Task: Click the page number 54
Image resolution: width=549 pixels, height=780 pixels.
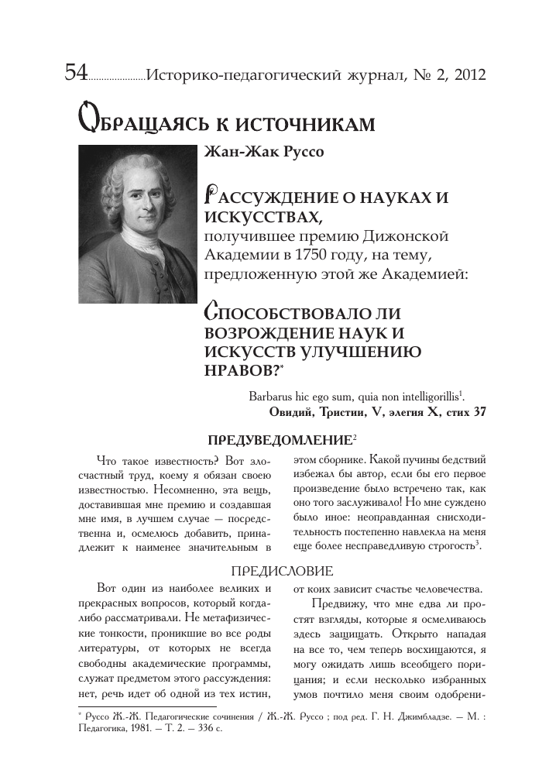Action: [76, 74]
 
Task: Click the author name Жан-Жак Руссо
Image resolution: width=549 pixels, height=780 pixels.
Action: [262, 151]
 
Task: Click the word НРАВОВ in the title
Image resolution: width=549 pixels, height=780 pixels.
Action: [239, 369]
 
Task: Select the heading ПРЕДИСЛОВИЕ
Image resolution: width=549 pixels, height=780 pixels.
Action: [283, 571]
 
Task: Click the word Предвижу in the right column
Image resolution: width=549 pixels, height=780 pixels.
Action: [336, 604]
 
